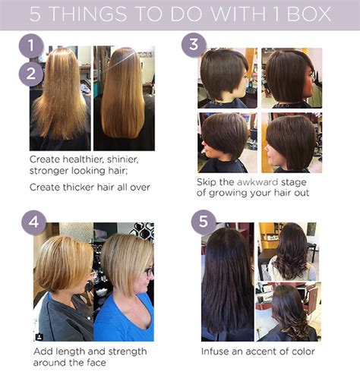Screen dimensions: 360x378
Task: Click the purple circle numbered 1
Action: click(31, 46)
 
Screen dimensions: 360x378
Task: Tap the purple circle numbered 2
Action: click(31, 74)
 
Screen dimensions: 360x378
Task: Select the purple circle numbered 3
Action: click(194, 45)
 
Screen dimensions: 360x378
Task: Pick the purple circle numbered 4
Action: click(34, 222)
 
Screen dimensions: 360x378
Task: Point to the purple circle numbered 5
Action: click(204, 222)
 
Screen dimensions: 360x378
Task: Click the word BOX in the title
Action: click(309, 14)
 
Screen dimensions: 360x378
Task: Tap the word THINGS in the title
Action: click(89, 14)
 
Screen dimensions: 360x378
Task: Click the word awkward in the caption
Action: click(257, 182)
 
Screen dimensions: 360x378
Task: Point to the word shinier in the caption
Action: click(122, 159)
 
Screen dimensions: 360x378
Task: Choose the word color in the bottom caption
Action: click(303, 351)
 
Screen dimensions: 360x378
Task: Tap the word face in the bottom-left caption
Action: click(96, 363)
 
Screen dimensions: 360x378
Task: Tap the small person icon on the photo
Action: click(39, 337)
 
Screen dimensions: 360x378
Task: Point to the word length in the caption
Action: click(70, 351)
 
